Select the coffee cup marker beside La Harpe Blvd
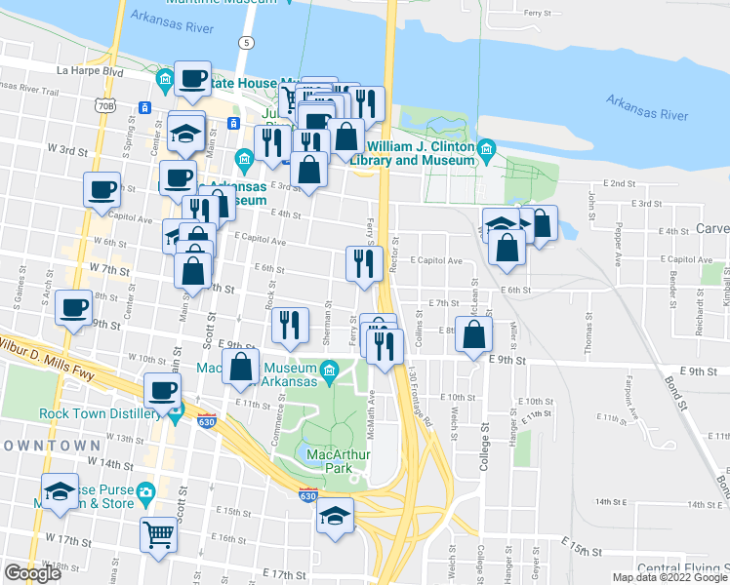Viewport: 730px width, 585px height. click(x=192, y=81)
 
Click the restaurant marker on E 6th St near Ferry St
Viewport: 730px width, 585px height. click(x=363, y=263)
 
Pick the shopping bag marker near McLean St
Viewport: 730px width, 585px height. click(x=473, y=336)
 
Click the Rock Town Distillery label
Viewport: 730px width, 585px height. click(x=99, y=412)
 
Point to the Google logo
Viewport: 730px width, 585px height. click(x=32, y=573)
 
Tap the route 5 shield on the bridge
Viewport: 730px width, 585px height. click(x=248, y=43)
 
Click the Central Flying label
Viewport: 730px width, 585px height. click(x=682, y=568)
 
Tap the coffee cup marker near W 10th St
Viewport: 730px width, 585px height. click(x=162, y=392)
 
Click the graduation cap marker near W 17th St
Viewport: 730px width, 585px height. click(x=59, y=492)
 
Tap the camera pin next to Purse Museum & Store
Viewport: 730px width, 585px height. click(x=146, y=492)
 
